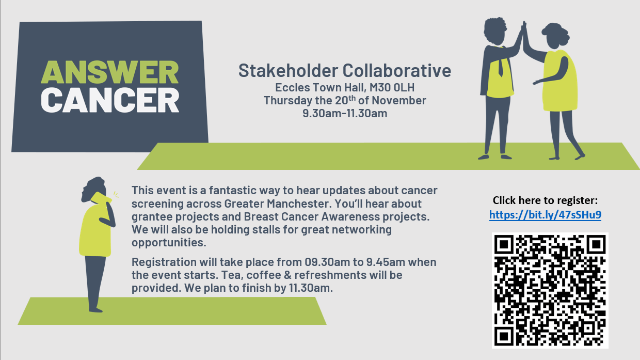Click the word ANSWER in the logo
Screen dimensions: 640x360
click(110, 72)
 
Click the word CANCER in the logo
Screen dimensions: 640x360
click(110, 100)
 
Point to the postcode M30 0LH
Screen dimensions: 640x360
click(392, 87)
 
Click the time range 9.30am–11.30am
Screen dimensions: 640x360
click(345, 113)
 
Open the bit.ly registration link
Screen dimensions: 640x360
click(545, 214)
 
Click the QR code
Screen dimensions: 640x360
click(550, 290)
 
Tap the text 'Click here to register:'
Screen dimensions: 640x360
click(545, 200)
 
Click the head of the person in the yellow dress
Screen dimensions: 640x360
click(555, 36)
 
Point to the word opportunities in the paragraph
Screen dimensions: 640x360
click(169, 243)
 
